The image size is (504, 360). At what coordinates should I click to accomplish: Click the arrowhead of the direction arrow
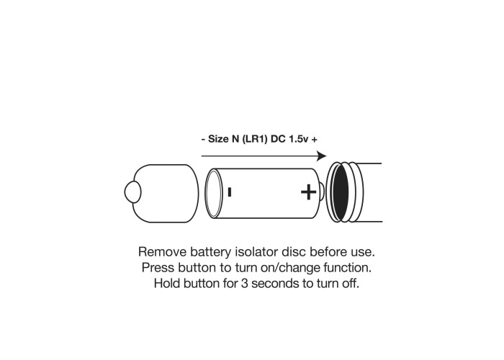pos(321,156)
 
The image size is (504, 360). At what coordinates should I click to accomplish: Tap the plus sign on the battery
pos(308,192)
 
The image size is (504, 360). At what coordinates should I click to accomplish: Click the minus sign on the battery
pos(230,192)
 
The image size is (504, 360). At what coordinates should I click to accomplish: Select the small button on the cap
pos(132,192)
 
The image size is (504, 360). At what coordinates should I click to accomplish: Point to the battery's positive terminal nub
pos(322,192)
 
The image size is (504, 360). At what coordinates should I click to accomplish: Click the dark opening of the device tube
pos(341,192)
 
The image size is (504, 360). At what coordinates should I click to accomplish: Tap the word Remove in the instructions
pos(162,252)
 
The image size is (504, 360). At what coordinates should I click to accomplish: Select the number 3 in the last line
pos(245,284)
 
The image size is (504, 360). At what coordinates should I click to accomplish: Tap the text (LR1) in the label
pos(255,139)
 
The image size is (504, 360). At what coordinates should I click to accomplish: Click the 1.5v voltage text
pos(299,139)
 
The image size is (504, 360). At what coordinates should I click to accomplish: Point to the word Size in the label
pos(218,139)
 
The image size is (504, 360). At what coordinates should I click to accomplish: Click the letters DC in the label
pos(279,139)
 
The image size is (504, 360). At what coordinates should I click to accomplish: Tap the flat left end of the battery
pos(214,193)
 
